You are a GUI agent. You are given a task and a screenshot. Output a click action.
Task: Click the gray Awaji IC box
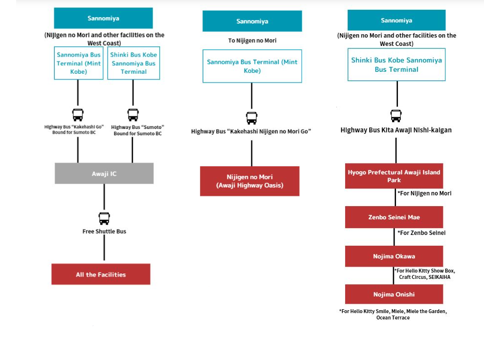104,173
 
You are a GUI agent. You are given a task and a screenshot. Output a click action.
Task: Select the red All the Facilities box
101,274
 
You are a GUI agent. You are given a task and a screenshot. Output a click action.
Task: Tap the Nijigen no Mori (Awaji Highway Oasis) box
250,181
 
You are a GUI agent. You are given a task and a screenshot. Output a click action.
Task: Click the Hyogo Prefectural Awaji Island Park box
394,176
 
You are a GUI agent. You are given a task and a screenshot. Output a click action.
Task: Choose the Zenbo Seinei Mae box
394,217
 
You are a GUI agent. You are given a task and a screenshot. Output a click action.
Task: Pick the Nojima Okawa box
394,256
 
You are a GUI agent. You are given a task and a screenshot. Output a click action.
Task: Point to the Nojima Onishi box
394,294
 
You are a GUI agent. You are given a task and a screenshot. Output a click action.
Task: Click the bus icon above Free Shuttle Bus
104,218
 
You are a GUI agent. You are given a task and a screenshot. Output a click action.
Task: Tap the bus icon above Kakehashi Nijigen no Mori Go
252,118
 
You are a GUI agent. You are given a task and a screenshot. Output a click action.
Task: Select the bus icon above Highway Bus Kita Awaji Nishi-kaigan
396,116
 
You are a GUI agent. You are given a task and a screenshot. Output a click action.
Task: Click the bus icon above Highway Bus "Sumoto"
133,115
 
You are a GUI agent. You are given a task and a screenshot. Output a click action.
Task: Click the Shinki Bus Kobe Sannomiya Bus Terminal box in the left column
133,63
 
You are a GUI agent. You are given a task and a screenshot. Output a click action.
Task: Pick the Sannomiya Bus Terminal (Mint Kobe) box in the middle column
252,66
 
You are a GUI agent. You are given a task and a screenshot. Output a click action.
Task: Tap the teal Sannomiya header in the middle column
252,21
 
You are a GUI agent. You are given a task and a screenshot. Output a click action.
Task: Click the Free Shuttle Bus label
104,232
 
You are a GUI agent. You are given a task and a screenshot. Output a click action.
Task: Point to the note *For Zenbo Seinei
421,233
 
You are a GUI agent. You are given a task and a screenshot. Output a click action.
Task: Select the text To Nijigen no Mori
252,41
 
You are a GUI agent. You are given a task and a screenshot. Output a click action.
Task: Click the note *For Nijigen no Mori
424,193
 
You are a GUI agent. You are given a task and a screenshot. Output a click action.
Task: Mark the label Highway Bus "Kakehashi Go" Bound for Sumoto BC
74,129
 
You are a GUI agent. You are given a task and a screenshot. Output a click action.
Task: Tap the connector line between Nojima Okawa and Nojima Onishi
394,275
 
